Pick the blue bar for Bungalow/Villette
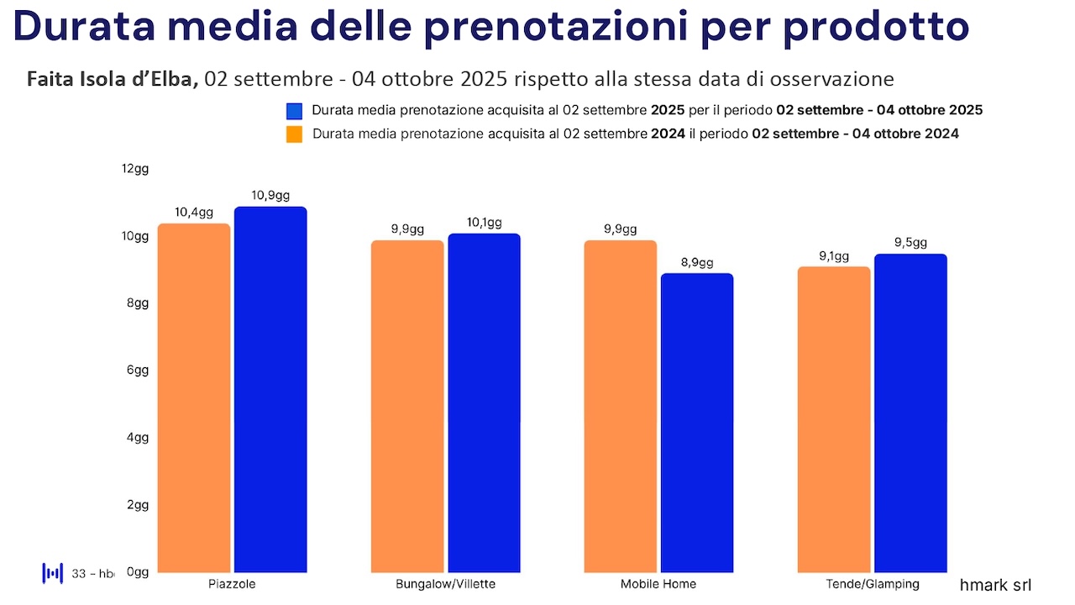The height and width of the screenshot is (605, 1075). [x=484, y=402]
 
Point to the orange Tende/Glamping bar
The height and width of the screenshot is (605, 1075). [x=834, y=419]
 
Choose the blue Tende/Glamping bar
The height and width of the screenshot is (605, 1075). [x=910, y=413]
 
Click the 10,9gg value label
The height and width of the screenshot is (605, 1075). [x=270, y=196]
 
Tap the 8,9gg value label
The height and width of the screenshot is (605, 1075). [x=697, y=262]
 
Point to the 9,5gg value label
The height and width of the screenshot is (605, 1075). [x=910, y=243]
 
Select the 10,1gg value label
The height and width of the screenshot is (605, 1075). [x=484, y=223]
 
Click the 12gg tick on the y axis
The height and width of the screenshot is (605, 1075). [x=135, y=169]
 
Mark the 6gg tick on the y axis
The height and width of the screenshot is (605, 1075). [x=137, y=371]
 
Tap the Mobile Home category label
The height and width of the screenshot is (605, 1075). [x=658, y=584]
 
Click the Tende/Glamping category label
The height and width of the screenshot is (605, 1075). [x=872, y=584]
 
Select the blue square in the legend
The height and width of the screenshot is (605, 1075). [x=294, y=111]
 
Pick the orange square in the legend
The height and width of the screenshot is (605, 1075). [x=294, y=134]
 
